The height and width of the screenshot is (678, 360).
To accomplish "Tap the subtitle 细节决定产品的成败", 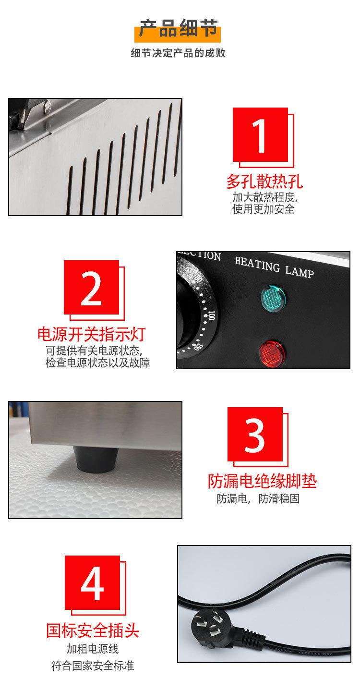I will coord(179,53).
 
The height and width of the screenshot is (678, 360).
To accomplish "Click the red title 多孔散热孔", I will coord(264,182).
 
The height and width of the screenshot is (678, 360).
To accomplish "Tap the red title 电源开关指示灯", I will coord(91,334).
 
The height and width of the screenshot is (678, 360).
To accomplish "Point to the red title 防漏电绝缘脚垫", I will coord(262,481).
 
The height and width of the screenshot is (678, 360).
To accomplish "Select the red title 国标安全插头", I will coord(93,630).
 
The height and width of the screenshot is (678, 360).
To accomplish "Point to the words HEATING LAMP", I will coord(274,267).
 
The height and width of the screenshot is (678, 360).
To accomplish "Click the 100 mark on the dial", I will coord(212,315).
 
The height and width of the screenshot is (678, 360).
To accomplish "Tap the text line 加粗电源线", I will coord(93,649).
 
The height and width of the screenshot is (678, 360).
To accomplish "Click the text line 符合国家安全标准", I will coord(93,666).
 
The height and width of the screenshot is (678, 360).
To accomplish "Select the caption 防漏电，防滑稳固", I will coord(258,499).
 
